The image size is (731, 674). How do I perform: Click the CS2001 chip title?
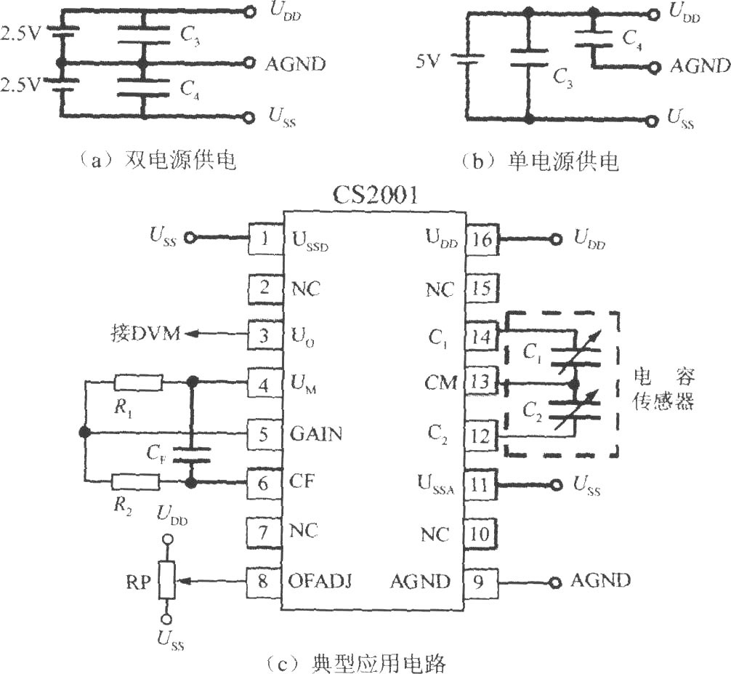(x=375, y=196)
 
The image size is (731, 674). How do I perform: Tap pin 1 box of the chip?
(x=264, y=238)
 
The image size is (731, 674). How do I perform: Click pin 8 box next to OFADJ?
(x=263, y=581)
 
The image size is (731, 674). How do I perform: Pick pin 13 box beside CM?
(x=481, y=382)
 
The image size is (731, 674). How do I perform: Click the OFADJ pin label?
(x=320, y=581)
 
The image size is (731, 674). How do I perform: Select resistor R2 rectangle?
(x=136, y=482)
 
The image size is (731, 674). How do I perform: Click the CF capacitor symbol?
(x=191, y=455)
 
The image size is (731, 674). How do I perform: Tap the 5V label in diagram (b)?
(x=427, y=60)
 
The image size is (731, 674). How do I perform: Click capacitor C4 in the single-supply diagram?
(x=594, y=39)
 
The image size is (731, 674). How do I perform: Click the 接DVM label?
(x=146, y=334)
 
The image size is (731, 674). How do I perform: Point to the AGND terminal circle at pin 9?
(x=554, y=582)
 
